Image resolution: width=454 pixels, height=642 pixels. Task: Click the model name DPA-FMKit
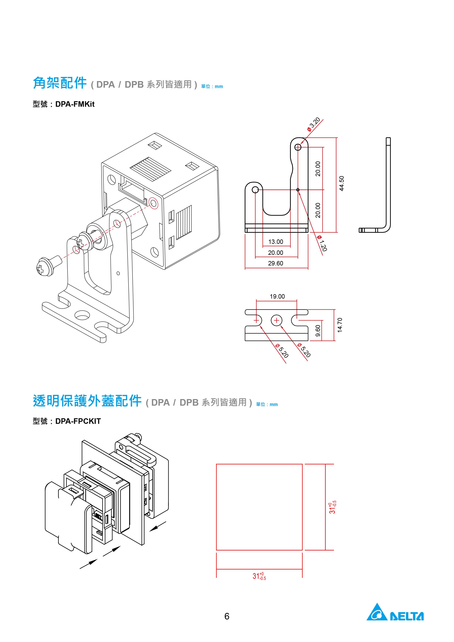coord(75,104)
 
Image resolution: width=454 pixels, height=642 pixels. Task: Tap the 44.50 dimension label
coord(341,183)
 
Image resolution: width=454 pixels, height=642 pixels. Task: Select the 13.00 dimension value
coord(276,242)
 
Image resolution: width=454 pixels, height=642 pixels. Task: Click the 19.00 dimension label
coord(277,296)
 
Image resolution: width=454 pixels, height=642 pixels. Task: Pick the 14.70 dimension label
coord(340,325)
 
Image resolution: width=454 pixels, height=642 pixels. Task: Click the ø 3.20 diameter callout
coord(314,124)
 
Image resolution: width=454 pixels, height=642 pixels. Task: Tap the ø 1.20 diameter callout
coord(322,243)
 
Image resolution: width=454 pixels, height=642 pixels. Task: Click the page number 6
coord(227,616)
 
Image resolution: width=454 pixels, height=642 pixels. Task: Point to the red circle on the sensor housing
coord(153,203)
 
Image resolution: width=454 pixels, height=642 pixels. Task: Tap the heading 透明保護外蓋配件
coord(87,401)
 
